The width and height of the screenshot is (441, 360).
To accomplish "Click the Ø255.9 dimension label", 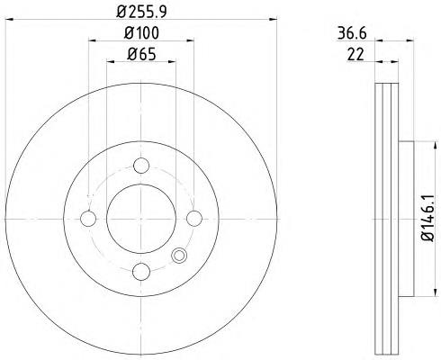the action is coord(141,12).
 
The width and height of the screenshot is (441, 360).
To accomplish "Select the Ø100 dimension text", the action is coord(141,33).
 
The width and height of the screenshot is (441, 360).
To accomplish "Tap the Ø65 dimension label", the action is coord(141,54).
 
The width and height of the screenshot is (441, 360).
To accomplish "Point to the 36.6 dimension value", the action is coord(352,33).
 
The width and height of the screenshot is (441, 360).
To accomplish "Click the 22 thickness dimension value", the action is coord(355,55).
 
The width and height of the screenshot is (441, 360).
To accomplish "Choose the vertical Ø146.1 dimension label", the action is coord(427,218).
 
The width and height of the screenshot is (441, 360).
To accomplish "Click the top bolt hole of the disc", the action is coord(141,166).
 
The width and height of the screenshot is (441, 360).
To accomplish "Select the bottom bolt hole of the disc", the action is coord(141,272).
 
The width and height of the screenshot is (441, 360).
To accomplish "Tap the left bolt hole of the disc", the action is coord(88,219).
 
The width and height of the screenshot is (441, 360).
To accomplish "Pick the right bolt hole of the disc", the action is coord(194,219).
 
